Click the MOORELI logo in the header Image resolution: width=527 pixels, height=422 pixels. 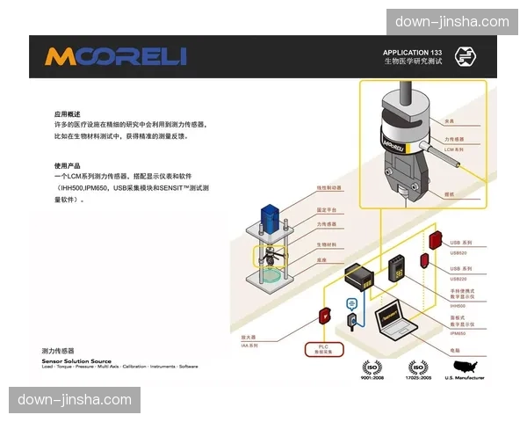tap(116, 57)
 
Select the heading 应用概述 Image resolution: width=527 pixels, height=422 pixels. tap(68, 114)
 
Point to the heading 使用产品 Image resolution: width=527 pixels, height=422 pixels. tap(68, 165)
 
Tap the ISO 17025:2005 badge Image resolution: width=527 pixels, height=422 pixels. tap(418, 369)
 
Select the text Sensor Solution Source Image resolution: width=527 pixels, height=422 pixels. tap(76, 360)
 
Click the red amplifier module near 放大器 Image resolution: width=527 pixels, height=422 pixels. tap(324, 315)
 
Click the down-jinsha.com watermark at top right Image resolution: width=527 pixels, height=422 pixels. tap(452, 22)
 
